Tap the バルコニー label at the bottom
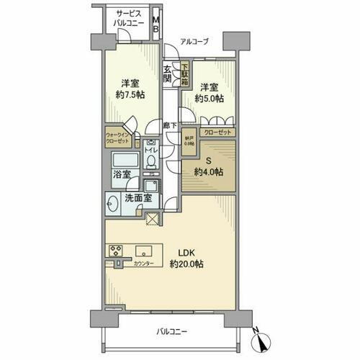pyautogui.click(x=171, y=331)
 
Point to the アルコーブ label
pyautogui.click(x=194, y=42)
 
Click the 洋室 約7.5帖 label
pyautogui.click(x=130, y=88)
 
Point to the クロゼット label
pyautogui.click(x=217, y=132)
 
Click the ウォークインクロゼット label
pyautogui.click(x=118, y=136)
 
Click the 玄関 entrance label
pyautogui.click(x=168, y=74)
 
